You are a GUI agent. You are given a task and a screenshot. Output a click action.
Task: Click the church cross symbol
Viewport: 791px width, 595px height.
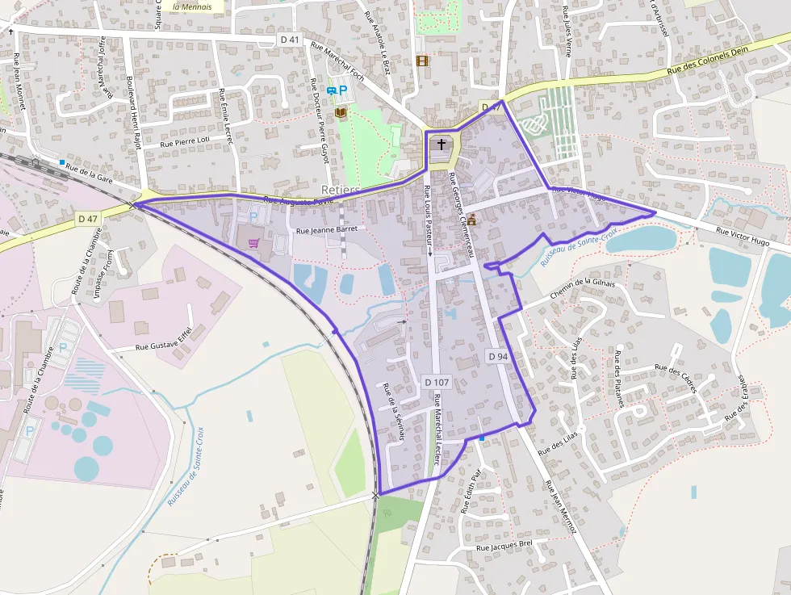click(441, 145)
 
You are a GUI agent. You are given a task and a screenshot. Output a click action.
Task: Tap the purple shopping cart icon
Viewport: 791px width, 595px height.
click(253, 243)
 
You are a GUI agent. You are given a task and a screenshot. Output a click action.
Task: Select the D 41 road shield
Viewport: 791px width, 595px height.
click(290, 40)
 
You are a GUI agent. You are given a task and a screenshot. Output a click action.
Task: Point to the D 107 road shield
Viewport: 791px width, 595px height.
click(436, 381)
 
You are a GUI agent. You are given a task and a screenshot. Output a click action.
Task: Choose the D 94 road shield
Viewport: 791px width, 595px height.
click(498, 356)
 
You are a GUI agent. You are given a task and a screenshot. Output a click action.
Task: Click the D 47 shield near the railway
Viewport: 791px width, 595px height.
click(88, 219)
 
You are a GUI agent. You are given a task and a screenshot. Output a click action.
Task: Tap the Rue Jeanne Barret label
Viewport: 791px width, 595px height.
click(326, 230)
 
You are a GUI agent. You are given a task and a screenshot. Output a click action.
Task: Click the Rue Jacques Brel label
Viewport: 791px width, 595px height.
click(505, 547)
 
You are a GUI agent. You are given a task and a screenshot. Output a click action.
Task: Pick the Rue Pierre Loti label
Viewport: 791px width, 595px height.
click(185, 140)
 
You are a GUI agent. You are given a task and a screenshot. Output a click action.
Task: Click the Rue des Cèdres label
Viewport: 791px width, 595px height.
click(676, 379)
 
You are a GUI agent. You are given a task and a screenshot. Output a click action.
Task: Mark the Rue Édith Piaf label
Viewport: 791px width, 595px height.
click(469, 490)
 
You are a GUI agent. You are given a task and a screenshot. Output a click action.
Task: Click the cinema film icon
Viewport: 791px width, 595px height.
click(421, 61)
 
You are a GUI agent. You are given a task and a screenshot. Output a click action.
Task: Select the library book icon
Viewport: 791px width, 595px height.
click(341, 112)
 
